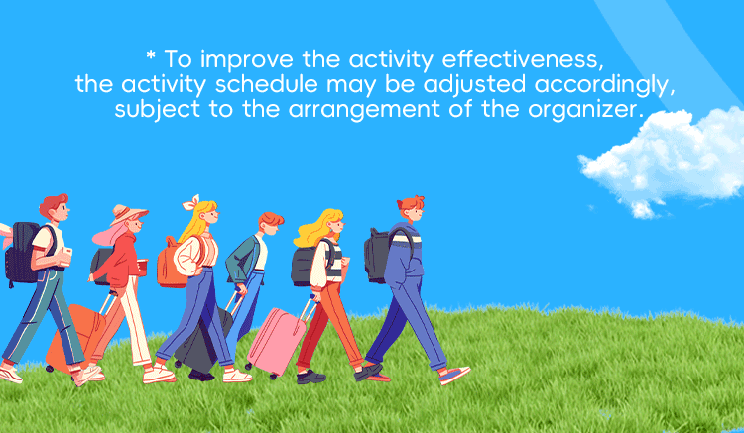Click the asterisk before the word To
(x=151, y=55)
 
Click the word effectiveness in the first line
(x=523, y=59)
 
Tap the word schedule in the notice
(x=266, y=84)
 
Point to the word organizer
(x=585, y=110)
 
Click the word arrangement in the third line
(x=364, y=110)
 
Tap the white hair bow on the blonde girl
(x=191, y=203)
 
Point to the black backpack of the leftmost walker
(x=23, y=253)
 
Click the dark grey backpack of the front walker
(x=379, y=255)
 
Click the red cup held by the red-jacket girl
(x=142, y=267)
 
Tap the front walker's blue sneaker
(x=454, y=375)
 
